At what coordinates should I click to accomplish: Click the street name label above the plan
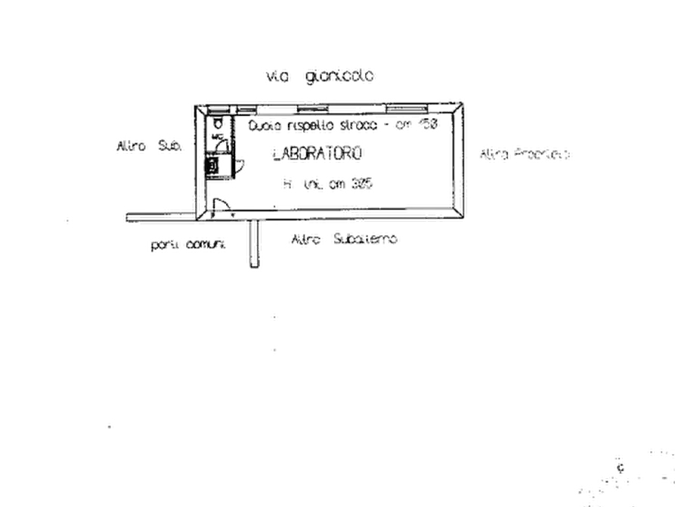tap(320, 76)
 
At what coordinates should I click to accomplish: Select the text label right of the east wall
tap(525, 154)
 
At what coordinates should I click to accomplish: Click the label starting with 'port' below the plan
tap(190, 245)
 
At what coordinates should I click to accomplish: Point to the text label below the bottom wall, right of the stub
tap(343, 239)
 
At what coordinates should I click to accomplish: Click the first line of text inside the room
tap(345, 125)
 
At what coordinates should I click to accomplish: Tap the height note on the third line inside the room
tap(329, 183)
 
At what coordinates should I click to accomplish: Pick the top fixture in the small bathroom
tap(217, 124)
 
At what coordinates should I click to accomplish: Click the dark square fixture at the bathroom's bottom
tap(214, 165)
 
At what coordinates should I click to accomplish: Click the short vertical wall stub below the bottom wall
tap(253, 244)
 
